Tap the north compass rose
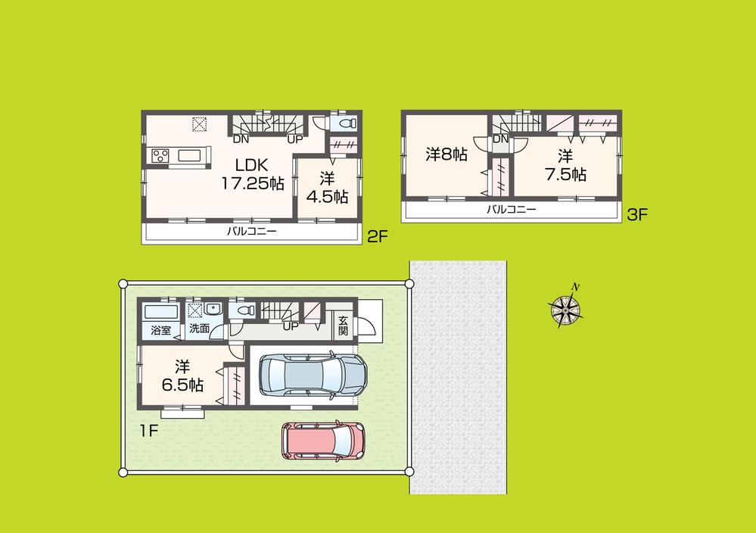[x=565, y=307]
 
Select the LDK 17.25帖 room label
[x=252, y=173]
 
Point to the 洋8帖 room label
[x=446, y=154]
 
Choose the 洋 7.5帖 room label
[x=565, y=165]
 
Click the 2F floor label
[x=377, y=237]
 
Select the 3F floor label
[x=637, y=215]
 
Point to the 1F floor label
[x=148, y=432]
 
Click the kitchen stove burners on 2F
[x=160, y=155]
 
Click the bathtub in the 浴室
[x=159, y=311]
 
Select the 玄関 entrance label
[x=343, y=325]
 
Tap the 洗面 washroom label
[x=199, y=329]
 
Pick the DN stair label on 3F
[x=500, y=139]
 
